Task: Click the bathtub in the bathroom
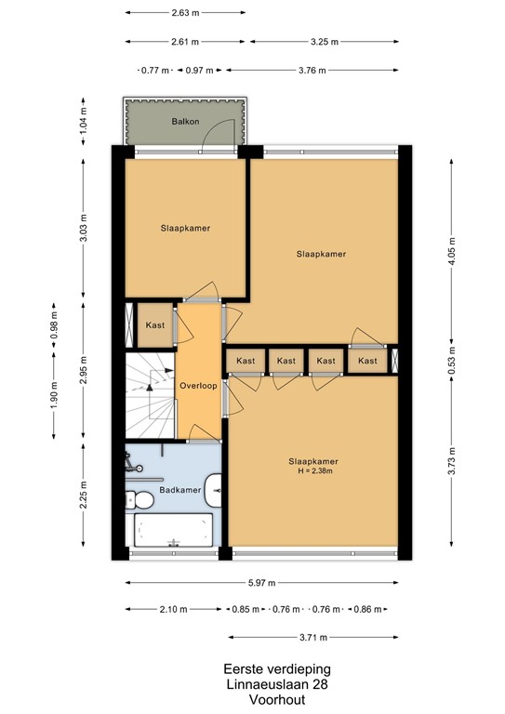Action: click(171, 530)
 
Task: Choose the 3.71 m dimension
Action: click(314, 638)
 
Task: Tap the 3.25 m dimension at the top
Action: click(324, 42)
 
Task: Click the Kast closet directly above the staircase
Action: click(153, 325)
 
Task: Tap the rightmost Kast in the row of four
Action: click(368, 361)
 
